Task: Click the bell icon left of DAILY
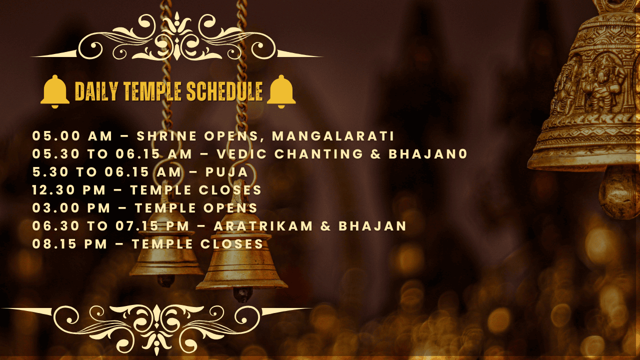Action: point(55,91)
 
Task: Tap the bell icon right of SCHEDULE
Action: point(281,91)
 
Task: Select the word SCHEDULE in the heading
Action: point(224,91)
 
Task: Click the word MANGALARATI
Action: point(333,136)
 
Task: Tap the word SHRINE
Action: point(166,136)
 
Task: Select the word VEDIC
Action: point(241,154)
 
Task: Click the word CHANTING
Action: point(319,154)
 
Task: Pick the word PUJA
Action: point(227,172)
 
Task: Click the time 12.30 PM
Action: point(69,190)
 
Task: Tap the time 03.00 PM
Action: point(71,208)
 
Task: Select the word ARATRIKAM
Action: point(263,226)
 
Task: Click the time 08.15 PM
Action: point(69,244)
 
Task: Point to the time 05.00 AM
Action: point(72,136)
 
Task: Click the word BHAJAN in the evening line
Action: point(372,226)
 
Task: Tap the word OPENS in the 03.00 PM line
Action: point(230,208)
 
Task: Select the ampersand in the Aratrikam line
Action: point(325,226)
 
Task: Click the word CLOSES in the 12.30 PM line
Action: point(230,190)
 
